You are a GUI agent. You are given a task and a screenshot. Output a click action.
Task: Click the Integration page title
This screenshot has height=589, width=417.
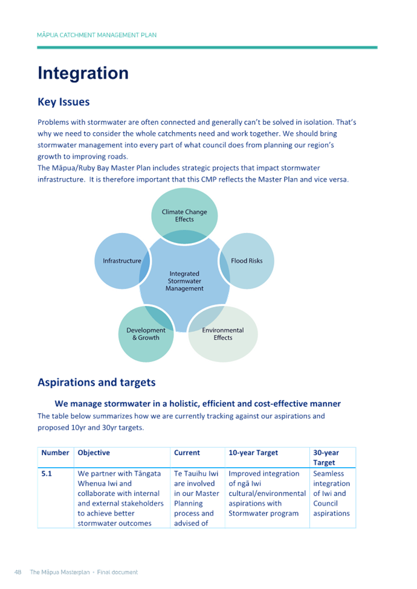tap(83, 74)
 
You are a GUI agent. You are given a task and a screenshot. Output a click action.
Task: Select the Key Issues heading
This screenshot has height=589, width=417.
tap(63, 102)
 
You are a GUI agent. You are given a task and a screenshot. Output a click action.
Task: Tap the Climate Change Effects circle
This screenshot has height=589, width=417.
tap(184, 215)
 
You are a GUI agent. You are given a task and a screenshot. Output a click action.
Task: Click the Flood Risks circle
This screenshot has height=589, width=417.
tap(247, 261)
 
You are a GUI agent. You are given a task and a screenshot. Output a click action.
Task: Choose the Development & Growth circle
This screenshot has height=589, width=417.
tap(146, 334)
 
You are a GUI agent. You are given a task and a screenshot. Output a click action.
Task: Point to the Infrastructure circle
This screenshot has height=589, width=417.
tap(121, 261)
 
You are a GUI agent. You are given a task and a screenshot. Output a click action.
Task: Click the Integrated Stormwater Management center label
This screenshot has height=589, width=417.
tap(184, 281)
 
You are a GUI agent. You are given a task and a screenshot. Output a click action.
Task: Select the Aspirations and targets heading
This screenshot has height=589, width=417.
tap(97, 383)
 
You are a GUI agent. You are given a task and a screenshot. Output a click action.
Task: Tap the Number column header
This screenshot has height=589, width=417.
tap(55, 453)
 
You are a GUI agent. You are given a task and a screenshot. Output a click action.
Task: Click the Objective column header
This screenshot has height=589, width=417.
tap(94, 453)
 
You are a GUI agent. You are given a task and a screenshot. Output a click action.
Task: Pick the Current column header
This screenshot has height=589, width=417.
tap(187, 453)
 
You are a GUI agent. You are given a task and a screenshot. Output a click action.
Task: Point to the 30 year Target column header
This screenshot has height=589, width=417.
tap(326, 457)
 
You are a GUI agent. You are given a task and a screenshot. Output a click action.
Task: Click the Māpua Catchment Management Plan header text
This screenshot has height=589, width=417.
tap(97, 35)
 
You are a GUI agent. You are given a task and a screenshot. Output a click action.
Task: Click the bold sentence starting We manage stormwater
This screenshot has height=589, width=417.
tap(197, 404)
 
